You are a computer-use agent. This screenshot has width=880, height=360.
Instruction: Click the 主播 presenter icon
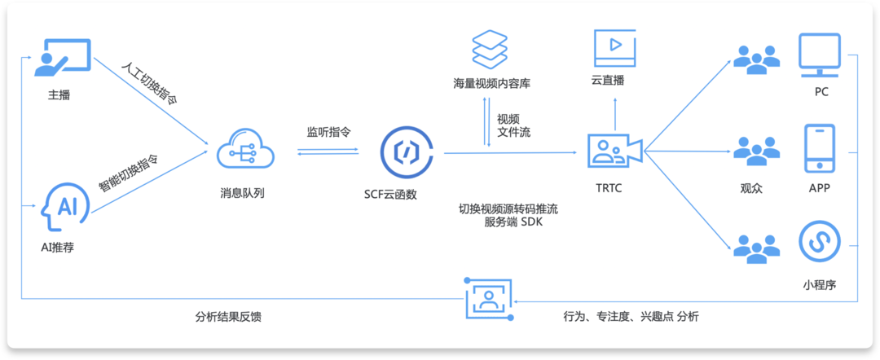62,58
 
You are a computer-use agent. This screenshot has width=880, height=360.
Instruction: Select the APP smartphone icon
820,148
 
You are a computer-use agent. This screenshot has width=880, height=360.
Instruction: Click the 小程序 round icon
820,241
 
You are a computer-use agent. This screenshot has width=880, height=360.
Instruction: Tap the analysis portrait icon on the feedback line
488,301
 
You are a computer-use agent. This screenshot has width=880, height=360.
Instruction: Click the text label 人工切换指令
148,83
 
